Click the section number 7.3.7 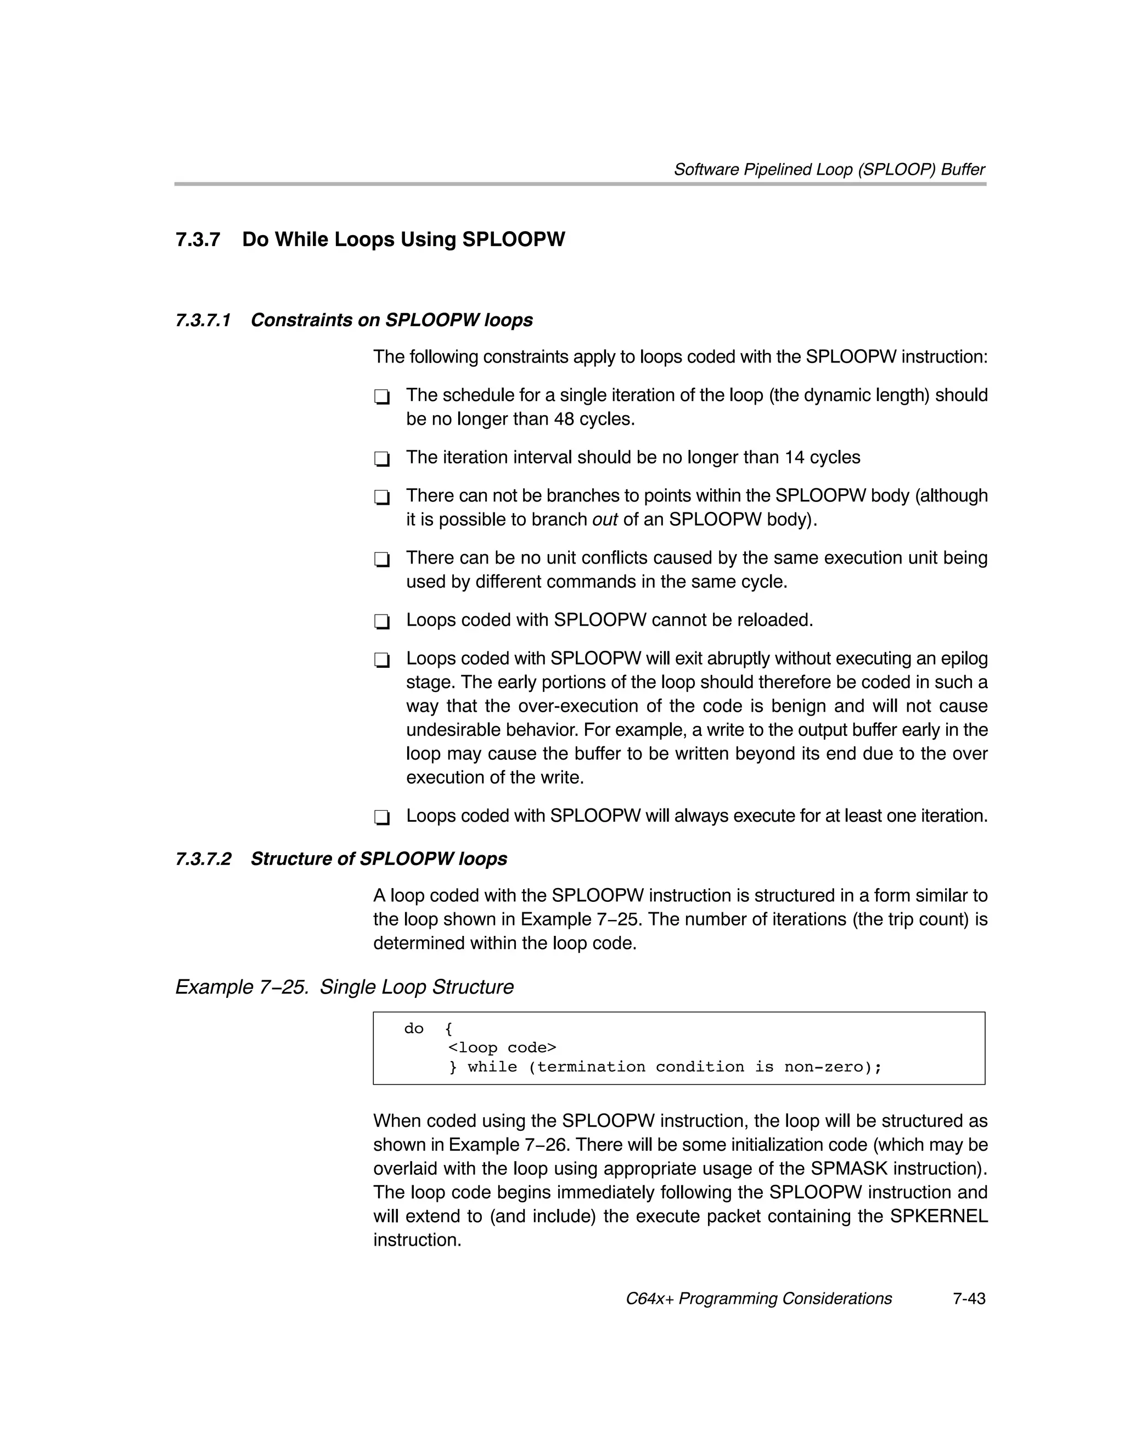click(x=198, y=239)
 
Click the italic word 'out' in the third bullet click(x=605, y=520)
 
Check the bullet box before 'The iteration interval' click(x=381, y=459)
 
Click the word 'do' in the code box click(x=414, y=1029)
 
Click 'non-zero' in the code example click(x=823, y=1067)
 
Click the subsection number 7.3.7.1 click(x=203, y=321)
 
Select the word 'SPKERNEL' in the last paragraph click(x=938, y=1217)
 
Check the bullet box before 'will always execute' click(x=381, y=818)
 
